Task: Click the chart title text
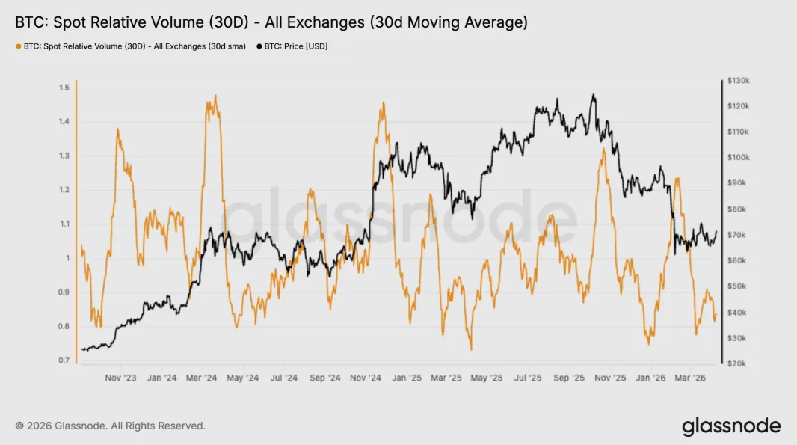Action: click(x=271, y=23)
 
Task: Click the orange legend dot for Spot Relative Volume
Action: click(x=18, y=46)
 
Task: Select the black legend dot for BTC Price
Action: click(x=259, y=46)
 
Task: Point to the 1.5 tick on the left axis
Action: click(x=64, y=88)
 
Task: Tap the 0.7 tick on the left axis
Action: click(x=64, y=360)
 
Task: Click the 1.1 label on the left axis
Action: click(x=64, y=224)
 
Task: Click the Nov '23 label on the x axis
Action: click(x=120, y=378)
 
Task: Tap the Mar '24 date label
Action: click(x=203, y=378)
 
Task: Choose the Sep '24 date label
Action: click(x=324, y=378)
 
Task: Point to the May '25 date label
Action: click(x=486, y=378)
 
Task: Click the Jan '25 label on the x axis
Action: click(x=406, y=378)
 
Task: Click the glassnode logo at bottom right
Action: click(x=731, y=426)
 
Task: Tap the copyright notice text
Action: click(x=110, y=426)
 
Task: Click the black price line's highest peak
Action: click(x=593, y=95)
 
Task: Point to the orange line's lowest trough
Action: click(x=471, y=349)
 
